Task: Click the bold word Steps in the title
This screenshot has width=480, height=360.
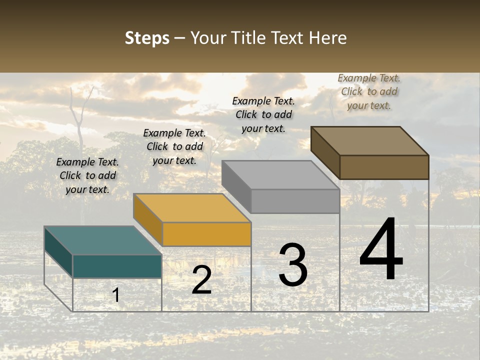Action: [x=147, y=38]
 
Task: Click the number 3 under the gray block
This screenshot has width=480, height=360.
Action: [x=292, y=265]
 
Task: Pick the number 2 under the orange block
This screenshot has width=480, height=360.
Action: [x=201, y=280]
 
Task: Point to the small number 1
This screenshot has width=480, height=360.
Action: [x=115, y=295]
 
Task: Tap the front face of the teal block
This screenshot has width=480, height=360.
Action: [x=117, y=266]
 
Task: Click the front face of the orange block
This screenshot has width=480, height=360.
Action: [x=206, y=234]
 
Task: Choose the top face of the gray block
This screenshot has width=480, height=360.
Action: [x=280, y=175]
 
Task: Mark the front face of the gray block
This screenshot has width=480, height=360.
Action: [x=295, y=201]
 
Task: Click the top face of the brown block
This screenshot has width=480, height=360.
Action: [x=369, y=140]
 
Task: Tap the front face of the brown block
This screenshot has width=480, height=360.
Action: [x=384, y=167]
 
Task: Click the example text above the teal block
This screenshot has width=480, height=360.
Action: [x=87, y=175]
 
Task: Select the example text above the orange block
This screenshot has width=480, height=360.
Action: [x=174, y=146]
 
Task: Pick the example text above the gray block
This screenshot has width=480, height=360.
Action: [x=263, y=114]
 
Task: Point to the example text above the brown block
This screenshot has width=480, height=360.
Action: [x=369, y=91]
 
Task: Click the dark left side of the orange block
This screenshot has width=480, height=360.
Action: [x=147, y=220]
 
